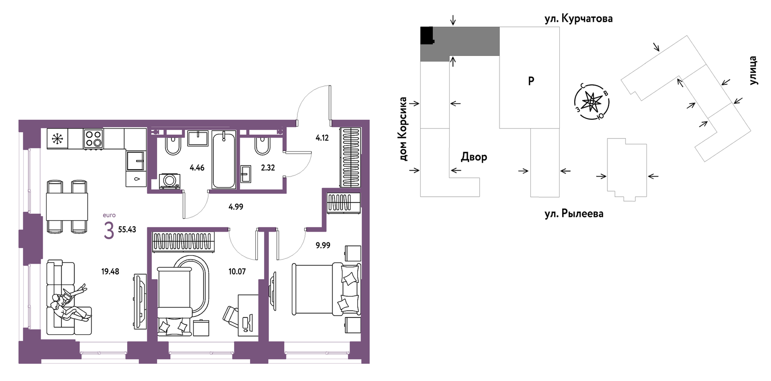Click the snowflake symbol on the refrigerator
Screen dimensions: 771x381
[57, 138]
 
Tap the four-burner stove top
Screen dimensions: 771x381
[93, 138]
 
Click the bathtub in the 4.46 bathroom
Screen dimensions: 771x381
[224, 160]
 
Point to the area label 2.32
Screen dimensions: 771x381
[268, 168]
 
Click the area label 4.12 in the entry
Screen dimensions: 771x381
[322, 138]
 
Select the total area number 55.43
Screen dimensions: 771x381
[127, 230]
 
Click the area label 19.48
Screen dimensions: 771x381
[110, 272]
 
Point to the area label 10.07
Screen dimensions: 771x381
[237, 272]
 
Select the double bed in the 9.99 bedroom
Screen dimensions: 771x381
[326, 288]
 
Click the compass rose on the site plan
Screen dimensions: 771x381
[592, 102]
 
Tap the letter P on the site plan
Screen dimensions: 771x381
[531, 81]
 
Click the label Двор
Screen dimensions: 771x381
[474, 156]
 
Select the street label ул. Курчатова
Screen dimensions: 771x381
[578, 18]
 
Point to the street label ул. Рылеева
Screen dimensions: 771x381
[574, 214]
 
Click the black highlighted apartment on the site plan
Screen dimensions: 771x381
[427, 35]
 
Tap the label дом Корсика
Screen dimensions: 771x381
[403, 129]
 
